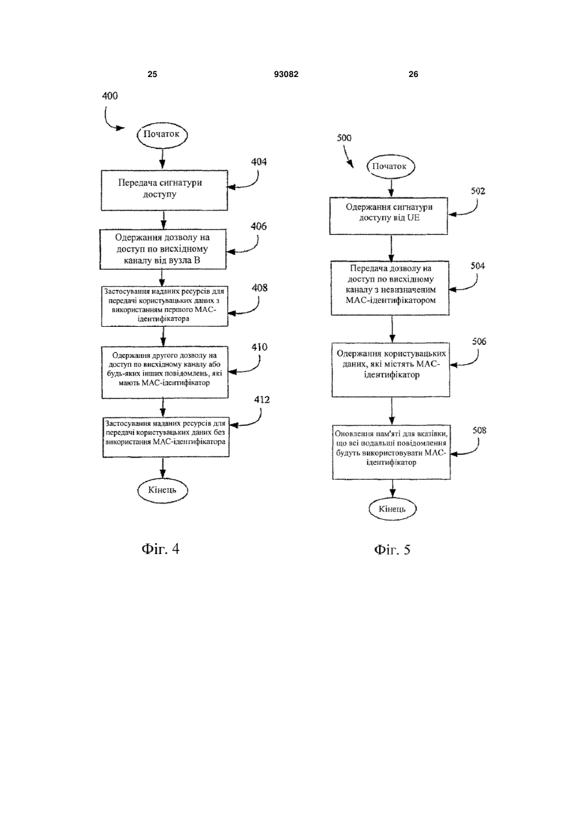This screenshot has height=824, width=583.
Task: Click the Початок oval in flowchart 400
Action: click(x=162, y=135)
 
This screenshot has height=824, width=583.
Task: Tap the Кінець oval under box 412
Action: click(x=162, y=491)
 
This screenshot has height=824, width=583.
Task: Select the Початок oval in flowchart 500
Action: click(x=391, y=166)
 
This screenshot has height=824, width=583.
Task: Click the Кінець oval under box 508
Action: click(x=393, y=509)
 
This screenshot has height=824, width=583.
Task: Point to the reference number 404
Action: click(x=259, y=162)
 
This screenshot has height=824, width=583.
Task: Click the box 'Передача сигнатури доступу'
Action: click(x=164, y=190)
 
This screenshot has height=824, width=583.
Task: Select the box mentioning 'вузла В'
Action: click(x=163, y=249)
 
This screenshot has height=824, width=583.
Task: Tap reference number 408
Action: click(x=259, y=287)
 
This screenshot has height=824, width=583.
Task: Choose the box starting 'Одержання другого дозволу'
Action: click(x=165, y=372)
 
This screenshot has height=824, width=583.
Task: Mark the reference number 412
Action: click(x=262, y=399)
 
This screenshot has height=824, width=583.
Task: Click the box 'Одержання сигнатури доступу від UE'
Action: click(x=388, y=216)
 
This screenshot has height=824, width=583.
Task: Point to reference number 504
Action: click(x=478, y=265)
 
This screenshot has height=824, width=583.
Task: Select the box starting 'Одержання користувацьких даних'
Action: click(x=391, y=370)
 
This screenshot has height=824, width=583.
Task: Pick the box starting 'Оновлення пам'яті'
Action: click(x=391, y=452)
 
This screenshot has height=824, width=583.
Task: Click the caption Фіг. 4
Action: click(x=160, y=549)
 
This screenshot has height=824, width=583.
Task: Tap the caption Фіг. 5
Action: click(x=392, y=550)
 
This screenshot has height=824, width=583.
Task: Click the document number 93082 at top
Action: click(x=286, y=74)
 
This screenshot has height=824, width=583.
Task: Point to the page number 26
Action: click(x=413, y=74)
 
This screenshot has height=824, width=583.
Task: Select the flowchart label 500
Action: click(x=344, y=138)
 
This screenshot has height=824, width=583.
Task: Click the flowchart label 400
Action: click(x=109, y=96)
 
